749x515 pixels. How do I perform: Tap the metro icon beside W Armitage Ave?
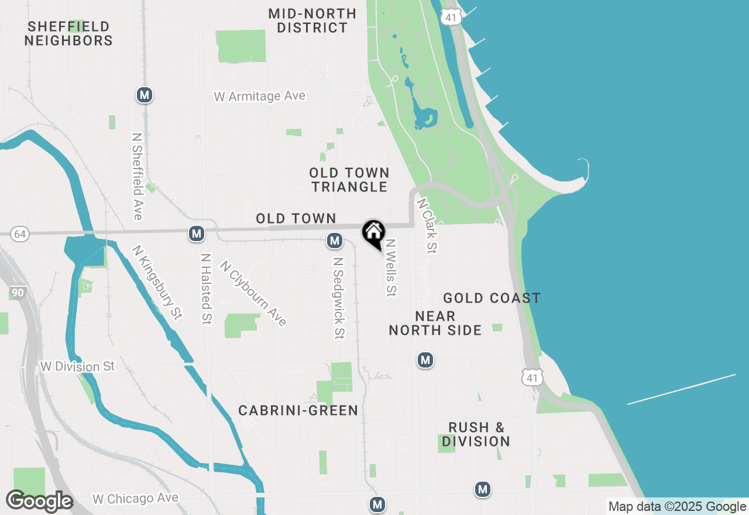click(145, 95)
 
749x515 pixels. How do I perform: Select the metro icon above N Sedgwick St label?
click(335, 240)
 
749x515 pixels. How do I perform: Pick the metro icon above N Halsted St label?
click(197, 234)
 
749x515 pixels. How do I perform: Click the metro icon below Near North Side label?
click(425, 360)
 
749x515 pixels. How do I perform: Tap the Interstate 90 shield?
click(17, 292)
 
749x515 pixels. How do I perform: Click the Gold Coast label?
click(492, 298)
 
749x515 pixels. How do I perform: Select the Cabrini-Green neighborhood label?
click(298, 410)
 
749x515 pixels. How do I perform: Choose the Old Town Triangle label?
click(349, 180)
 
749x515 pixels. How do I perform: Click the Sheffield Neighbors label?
click(68, 33)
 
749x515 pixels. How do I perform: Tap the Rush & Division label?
click(476, 434)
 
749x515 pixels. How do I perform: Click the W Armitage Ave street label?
click(260, 96)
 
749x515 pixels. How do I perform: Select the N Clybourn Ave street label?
click(253, 293)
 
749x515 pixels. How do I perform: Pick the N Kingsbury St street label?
click(155, 282)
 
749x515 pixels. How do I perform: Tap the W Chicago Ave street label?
click(135, 499)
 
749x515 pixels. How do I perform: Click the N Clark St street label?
click(427, 225)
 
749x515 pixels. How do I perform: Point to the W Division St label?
click(78, 367)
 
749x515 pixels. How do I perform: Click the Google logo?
click(39, 502)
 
